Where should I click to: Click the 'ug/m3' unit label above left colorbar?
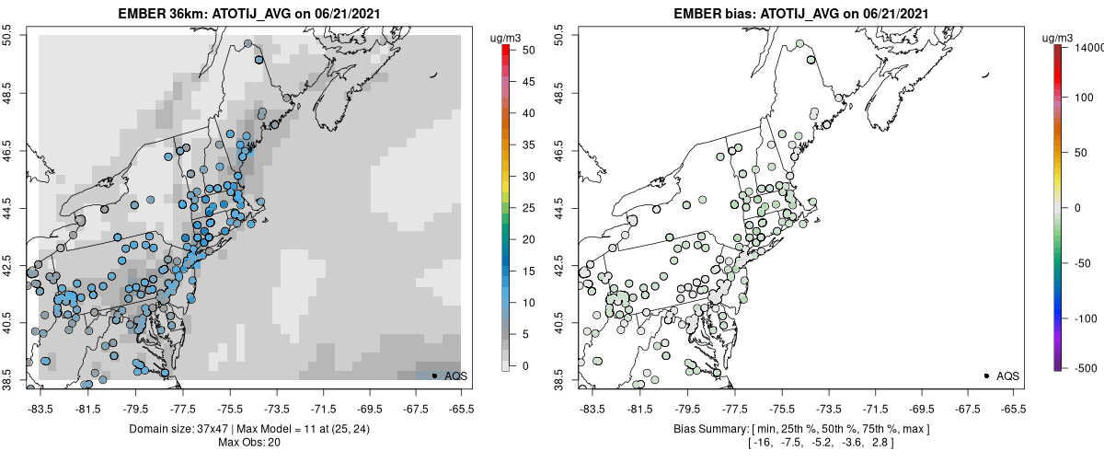[x=506, y=38]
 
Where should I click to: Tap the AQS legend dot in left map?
[x=433, y=376]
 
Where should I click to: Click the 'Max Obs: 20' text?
[x=244, y=443]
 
